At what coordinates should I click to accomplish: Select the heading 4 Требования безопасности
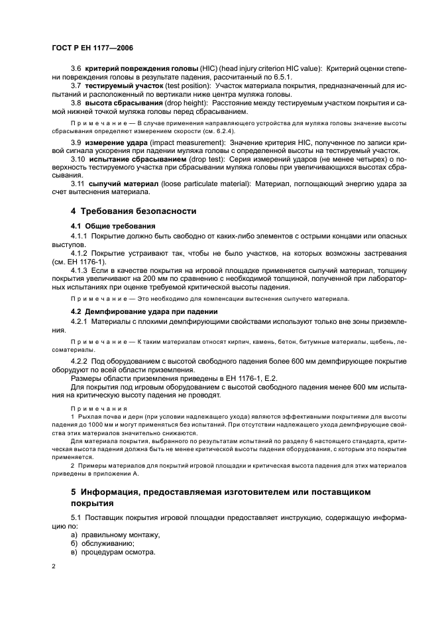134,211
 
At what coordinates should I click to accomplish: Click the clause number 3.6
76,70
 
